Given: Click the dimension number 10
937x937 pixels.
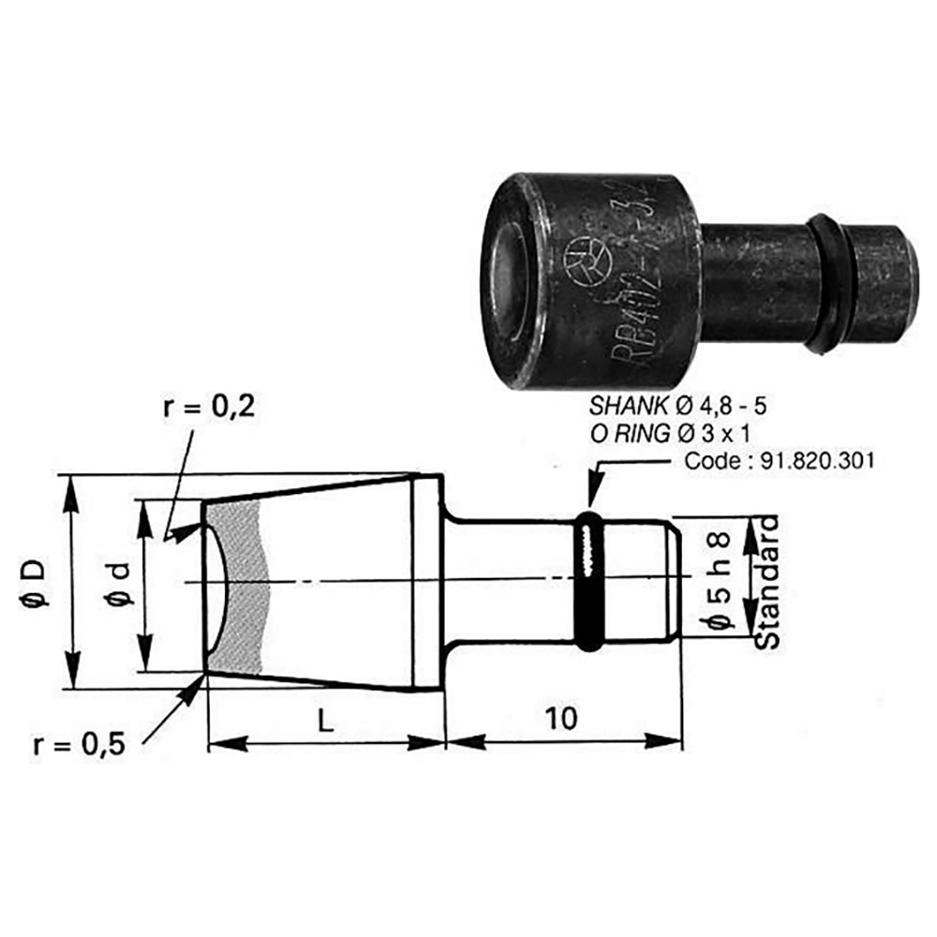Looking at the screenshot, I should click(560, 719).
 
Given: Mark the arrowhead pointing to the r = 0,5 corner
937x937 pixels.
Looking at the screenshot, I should click(198, 683).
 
